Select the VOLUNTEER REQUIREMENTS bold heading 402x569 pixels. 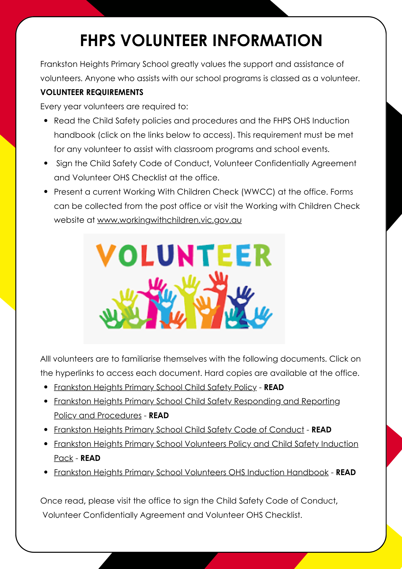(x=92, y=92)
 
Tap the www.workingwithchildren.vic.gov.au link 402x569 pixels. (x=169, y=220)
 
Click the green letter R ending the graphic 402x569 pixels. (x=263, y=255)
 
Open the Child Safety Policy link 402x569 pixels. (x=155, y=387)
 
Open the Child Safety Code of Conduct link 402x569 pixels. (x=179, y=430)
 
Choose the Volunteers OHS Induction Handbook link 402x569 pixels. (x=191, y=472)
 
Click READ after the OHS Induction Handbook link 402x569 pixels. (x=346, y=473)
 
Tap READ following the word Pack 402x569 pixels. (x=90, y=458)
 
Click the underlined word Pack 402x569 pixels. (x=64, y=458)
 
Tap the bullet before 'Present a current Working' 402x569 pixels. (x=46, y=192)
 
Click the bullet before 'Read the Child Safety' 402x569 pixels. (x=46, y=121)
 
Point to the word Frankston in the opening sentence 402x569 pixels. (x=59, y=64)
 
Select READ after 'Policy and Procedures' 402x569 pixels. (x=159, y=416)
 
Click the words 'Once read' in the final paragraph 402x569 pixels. (x=63, y=501)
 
